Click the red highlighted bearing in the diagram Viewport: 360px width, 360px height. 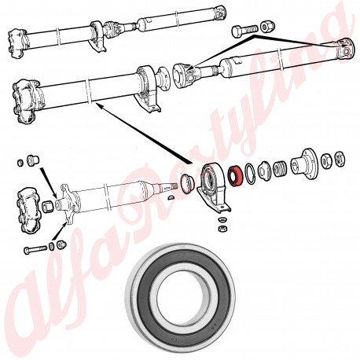tap(235, 176)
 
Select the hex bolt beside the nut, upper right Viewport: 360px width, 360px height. tap(244, 31)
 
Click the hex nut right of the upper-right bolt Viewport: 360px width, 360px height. tap(268, 27)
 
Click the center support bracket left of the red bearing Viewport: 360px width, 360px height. tap(214, 186)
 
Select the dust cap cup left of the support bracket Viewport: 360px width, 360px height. tap(187, 183)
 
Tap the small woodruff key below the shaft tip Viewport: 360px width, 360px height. tap(171, 197)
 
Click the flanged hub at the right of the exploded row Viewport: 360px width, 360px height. tap(304, 164)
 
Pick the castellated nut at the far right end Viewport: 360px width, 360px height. tap(340, 159)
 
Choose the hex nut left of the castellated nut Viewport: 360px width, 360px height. tap(326, 161)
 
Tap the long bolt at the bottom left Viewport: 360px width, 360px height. tap(35, 249)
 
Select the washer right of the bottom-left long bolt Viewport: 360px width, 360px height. tap(51, 247)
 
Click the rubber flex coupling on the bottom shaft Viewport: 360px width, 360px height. tap(29, 211)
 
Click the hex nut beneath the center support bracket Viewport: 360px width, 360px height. tap(222, 228)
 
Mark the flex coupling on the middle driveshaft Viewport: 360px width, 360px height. tap(26, 101)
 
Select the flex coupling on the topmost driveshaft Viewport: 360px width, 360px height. tap(18, 43)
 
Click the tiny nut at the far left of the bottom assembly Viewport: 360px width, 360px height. tap(20, 163)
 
